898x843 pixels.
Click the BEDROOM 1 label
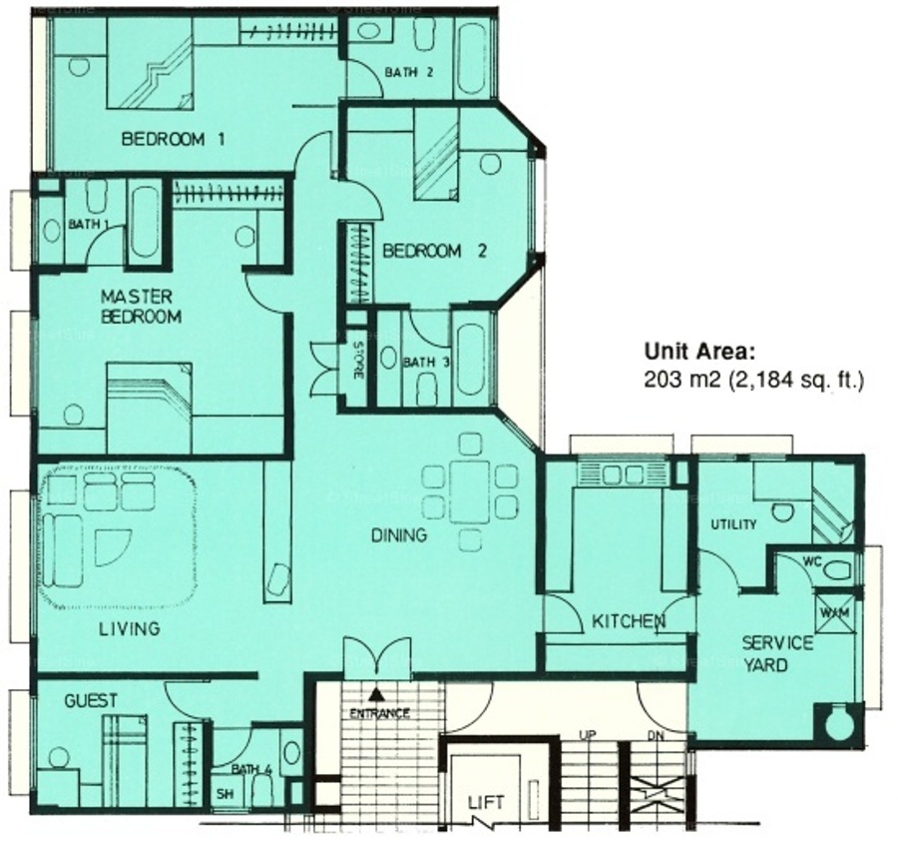pyautogui.click(x=173, y=140)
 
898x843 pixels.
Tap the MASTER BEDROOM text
pyautogui.click(x=141, y=307)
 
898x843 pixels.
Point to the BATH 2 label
pyautogui.click(x=409, y=73)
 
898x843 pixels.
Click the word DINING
pyautogui.click(x=400, y=535)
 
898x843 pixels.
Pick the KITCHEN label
pyautogui.click(x=629, y=621)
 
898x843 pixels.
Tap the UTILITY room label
pyautogui.click(x=733, y=524)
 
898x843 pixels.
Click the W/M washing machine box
pyautogui.click(x=834, y=612)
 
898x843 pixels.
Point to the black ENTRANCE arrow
pyautogui.click(x=376, y=695)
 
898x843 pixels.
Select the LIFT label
pyautogui.click(x=486, y=802)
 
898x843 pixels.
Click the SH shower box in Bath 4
pyautogui.click(x=225, y=794)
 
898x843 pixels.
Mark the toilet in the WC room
pyautogui.click(x=837, y=570)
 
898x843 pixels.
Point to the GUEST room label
pyautogui.click(x=91, y=701)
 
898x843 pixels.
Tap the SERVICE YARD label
pyautogui.click(x=776, y=654)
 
